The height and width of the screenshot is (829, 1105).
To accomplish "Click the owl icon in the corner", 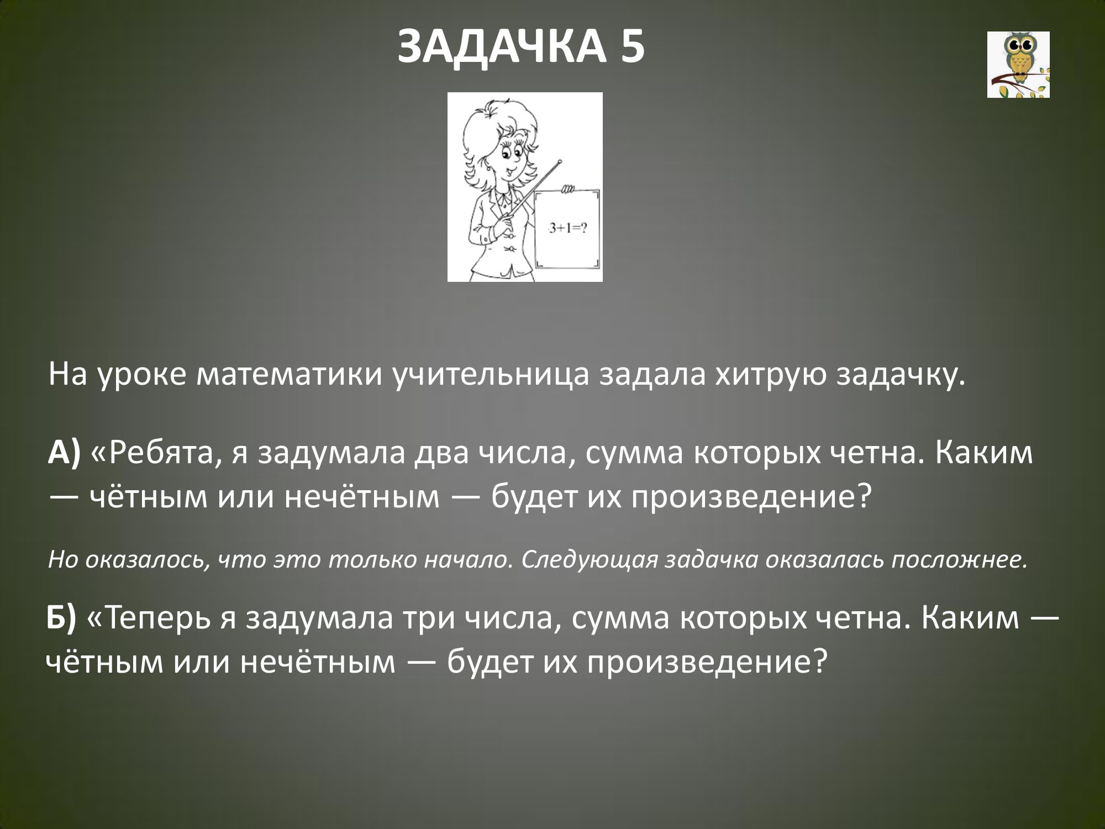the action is tap(1018, 65).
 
